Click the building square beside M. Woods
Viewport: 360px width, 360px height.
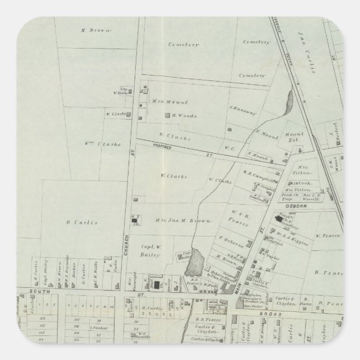(166, 116)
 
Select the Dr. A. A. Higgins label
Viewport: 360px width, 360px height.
(295, 235)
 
